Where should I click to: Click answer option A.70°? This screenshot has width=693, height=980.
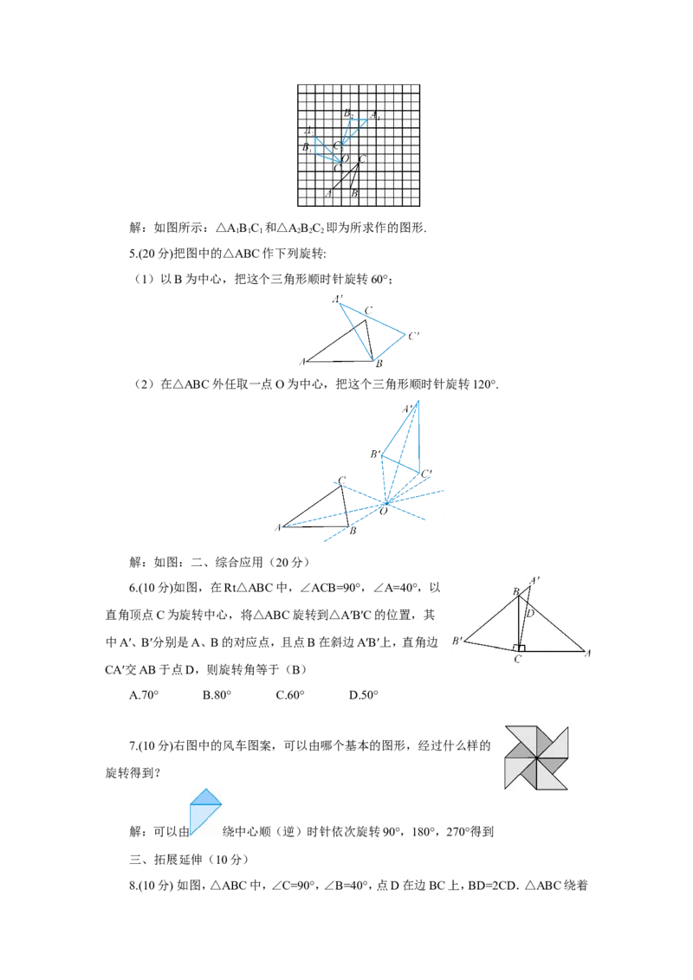tap(144, 695)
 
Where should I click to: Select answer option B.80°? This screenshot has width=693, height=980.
tap(217, 695)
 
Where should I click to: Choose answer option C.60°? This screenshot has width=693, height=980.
tap(290, 695)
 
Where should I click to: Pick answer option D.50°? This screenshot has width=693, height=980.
tap(363, 695)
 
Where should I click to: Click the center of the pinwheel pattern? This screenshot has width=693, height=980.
tap(536, 758)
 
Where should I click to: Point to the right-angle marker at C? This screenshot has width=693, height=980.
tap(519, 648)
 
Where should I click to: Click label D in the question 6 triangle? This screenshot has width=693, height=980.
tap(530, 613)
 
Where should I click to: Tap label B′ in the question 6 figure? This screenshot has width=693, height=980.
tap(457, 641)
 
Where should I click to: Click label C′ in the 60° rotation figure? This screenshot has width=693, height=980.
tap(413, 336)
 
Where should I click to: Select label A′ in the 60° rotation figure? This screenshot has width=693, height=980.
tap(338, 300)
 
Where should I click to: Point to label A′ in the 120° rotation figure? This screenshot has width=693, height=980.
tap(408, 409)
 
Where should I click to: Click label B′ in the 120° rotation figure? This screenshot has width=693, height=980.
tap(375, 455)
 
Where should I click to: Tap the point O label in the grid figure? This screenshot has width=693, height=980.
tap(346, 158)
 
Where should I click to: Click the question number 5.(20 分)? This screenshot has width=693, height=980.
tap(151, 254)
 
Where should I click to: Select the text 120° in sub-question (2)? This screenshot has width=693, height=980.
tap(485, 384)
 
